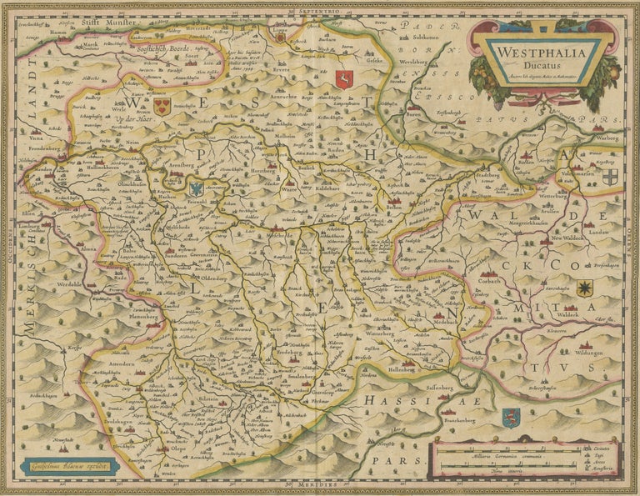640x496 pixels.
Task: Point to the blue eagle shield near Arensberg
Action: [196, 188]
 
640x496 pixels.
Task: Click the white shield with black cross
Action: [611, 177]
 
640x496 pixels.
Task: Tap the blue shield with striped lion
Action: [511, 417]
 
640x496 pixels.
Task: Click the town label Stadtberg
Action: [490, 175]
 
